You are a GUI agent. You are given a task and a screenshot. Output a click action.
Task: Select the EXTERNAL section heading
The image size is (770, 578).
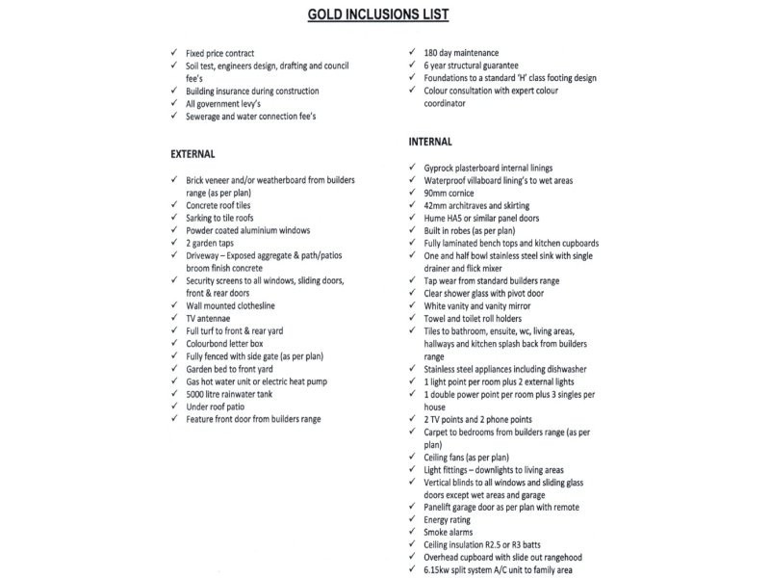coord(192,154)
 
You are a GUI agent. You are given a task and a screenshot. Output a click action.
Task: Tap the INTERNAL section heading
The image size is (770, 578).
coord(430,142)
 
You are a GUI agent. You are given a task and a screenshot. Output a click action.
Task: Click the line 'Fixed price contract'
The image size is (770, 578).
coord(227,52)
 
